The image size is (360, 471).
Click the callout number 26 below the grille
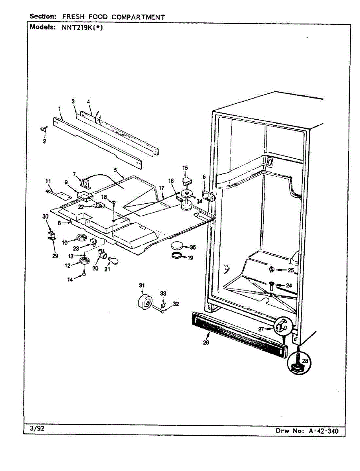206,342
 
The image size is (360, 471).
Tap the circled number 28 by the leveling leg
305,360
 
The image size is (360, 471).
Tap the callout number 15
185,168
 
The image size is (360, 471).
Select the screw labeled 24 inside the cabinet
272,283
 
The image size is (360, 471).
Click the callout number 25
291,270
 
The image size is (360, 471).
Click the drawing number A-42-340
321,431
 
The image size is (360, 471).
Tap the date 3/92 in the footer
38,429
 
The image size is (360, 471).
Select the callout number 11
48,181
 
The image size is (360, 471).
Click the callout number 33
163,293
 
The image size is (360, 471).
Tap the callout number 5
115,170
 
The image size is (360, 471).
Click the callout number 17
161,188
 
